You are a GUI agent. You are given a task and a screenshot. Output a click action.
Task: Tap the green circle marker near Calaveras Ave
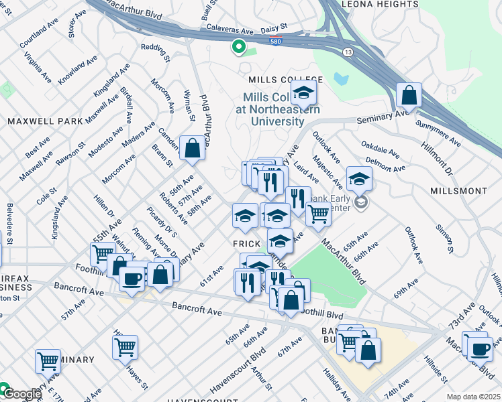click(x=237, y=46)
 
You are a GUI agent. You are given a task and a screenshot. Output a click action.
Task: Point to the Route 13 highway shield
click(x=347, y=52)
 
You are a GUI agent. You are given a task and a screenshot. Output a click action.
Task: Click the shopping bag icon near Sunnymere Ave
click(x=409, y=96)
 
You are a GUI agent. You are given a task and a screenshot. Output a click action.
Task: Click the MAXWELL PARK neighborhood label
click(x=46, y=121)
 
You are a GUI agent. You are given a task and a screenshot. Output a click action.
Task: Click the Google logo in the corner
click(x=21, y=394)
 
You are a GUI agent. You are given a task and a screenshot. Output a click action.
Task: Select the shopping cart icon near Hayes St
click(x=125, y=348)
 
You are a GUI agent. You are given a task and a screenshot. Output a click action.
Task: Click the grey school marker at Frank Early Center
click(x=361, y=202)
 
